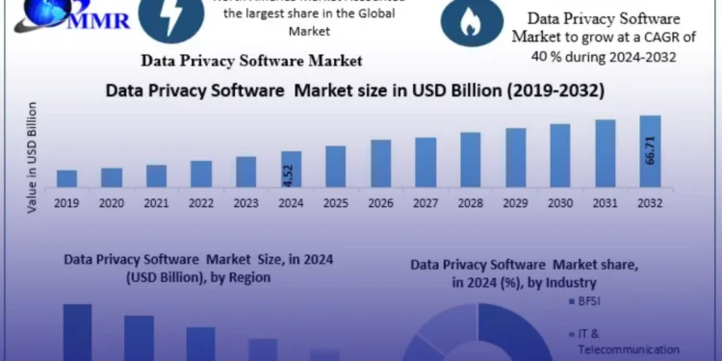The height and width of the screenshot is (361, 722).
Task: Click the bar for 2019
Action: pos(66,178)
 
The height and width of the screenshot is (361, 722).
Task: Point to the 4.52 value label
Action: pos(291,175)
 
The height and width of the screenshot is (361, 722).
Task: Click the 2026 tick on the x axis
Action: pos(381,203)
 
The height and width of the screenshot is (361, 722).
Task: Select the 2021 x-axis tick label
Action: pos(156,203)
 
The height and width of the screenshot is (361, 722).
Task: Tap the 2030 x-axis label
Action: pos(560,203)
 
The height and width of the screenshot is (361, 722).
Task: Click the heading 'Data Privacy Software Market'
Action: pos(251,61)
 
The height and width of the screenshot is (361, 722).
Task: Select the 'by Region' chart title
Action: pos(168,267)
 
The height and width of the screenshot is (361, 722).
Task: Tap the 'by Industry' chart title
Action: pos(524,273)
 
